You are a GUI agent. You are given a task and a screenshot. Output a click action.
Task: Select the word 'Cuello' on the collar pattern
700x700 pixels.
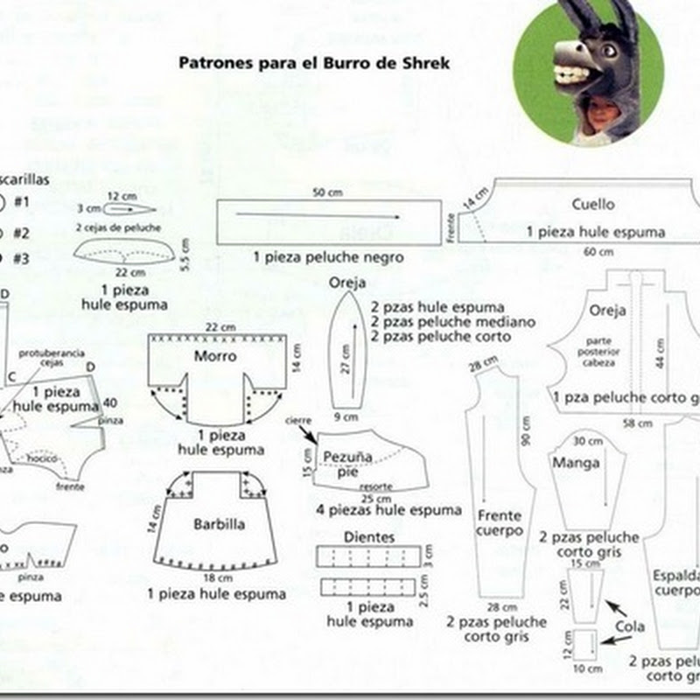coord(593,204)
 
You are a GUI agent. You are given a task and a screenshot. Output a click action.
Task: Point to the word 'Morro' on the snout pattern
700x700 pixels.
coord(215,356)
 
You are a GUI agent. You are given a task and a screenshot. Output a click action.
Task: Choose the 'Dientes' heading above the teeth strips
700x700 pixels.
coord(370,536)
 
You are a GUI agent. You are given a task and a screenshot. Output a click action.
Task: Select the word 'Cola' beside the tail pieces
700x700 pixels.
coord(629,626)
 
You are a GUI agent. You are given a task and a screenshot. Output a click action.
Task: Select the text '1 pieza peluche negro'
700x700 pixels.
coord(328,257)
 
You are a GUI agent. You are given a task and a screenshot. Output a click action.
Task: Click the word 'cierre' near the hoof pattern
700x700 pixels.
coord(298,420)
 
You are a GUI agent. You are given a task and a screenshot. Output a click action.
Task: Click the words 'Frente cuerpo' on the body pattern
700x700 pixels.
coord(499,522)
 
